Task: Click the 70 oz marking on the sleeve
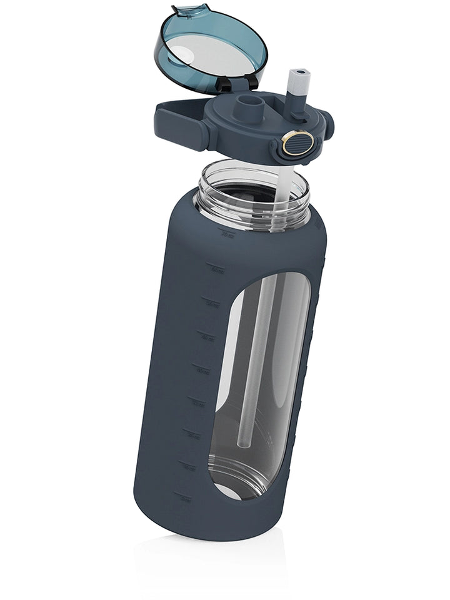click(x=226, y=235)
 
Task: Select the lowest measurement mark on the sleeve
click(x=182, y=498)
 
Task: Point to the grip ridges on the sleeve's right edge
click(x=315, y=350)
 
